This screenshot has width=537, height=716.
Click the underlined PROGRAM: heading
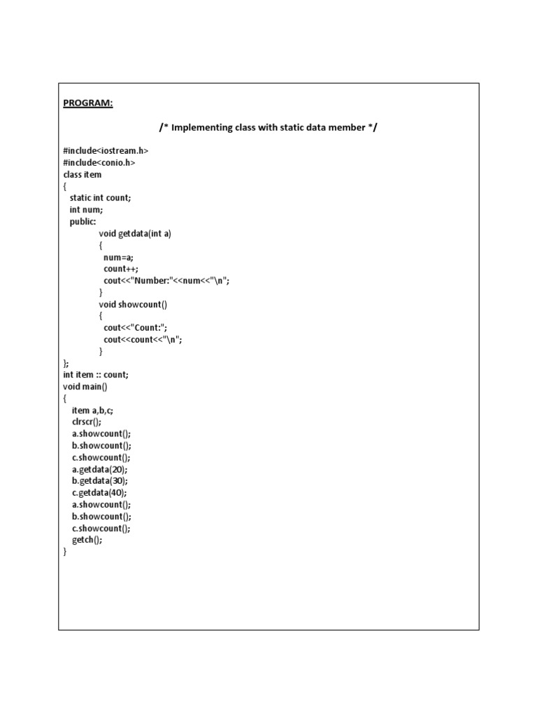(x=87, y=103)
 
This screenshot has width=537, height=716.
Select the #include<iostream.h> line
(x=106, y=151)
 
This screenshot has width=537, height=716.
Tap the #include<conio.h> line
(x=99, y=163)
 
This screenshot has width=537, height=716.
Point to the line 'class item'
(x=83, y=175)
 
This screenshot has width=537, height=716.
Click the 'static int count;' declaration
(x=100, y=198)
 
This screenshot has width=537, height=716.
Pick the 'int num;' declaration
(x=86, y=210)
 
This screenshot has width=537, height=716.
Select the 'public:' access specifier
(x=83, y=222)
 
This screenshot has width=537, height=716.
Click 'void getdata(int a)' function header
(x=135, y=234)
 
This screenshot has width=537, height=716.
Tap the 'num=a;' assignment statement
(x=118, y=257)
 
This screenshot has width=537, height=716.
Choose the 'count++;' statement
(x=121, y=268)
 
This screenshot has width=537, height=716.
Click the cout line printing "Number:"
(x=166, y=280)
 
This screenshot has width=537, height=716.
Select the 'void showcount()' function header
(x=133, y=304)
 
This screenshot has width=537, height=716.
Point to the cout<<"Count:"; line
(x=136, y=327)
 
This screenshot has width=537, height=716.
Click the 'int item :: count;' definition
(x=96, y=375)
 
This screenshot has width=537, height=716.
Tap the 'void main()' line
(x=85, y=387)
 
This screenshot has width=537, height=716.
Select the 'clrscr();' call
(x=87, y=422)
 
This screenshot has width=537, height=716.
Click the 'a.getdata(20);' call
(x=99, y=469)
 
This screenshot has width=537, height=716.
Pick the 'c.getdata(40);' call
(x=99, y=493)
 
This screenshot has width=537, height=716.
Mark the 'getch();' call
(x=87, y=540)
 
